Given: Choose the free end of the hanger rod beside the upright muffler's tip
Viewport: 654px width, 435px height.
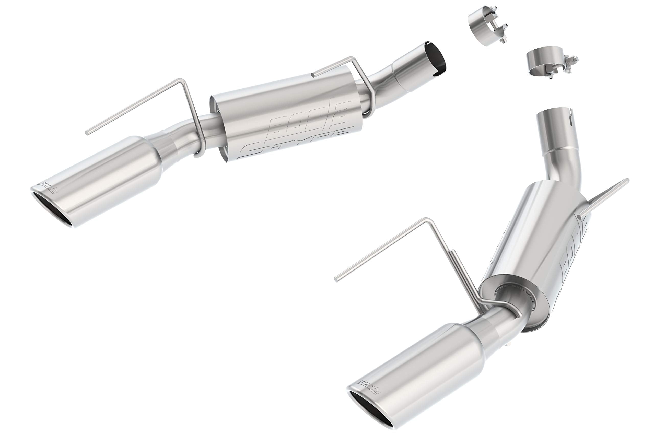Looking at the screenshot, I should (x=336, y=280).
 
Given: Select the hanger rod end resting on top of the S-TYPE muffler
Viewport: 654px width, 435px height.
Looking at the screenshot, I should (x=313, y=75).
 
